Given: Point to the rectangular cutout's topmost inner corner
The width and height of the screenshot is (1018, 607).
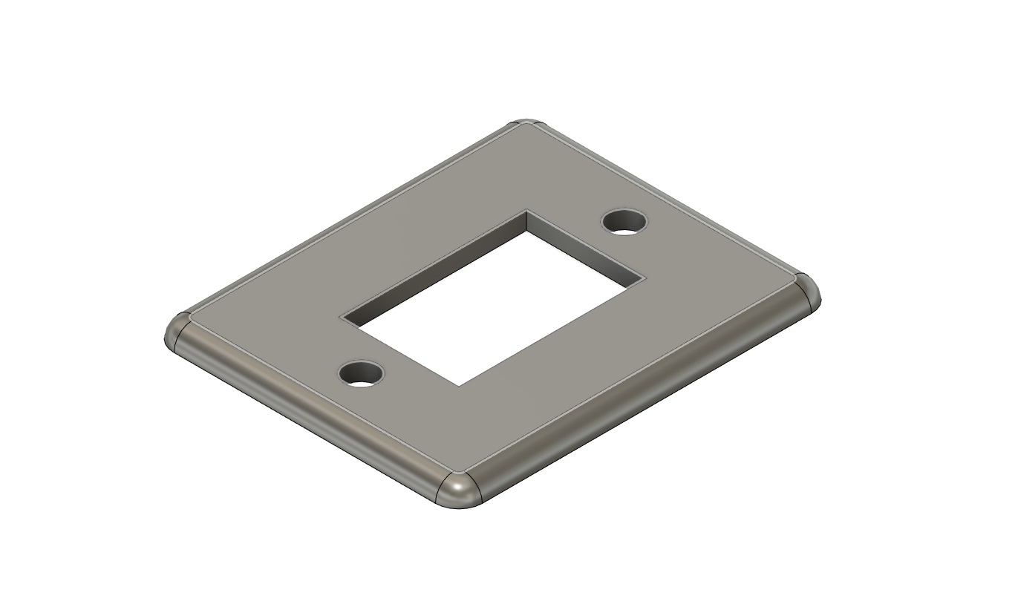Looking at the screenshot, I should click(527, 211).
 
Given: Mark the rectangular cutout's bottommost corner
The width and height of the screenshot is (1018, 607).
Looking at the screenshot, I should click(458, 386).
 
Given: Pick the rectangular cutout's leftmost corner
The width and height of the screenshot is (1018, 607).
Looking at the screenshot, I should click(341, 318).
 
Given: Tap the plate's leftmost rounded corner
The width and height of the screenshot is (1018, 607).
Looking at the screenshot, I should click(175, 333).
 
